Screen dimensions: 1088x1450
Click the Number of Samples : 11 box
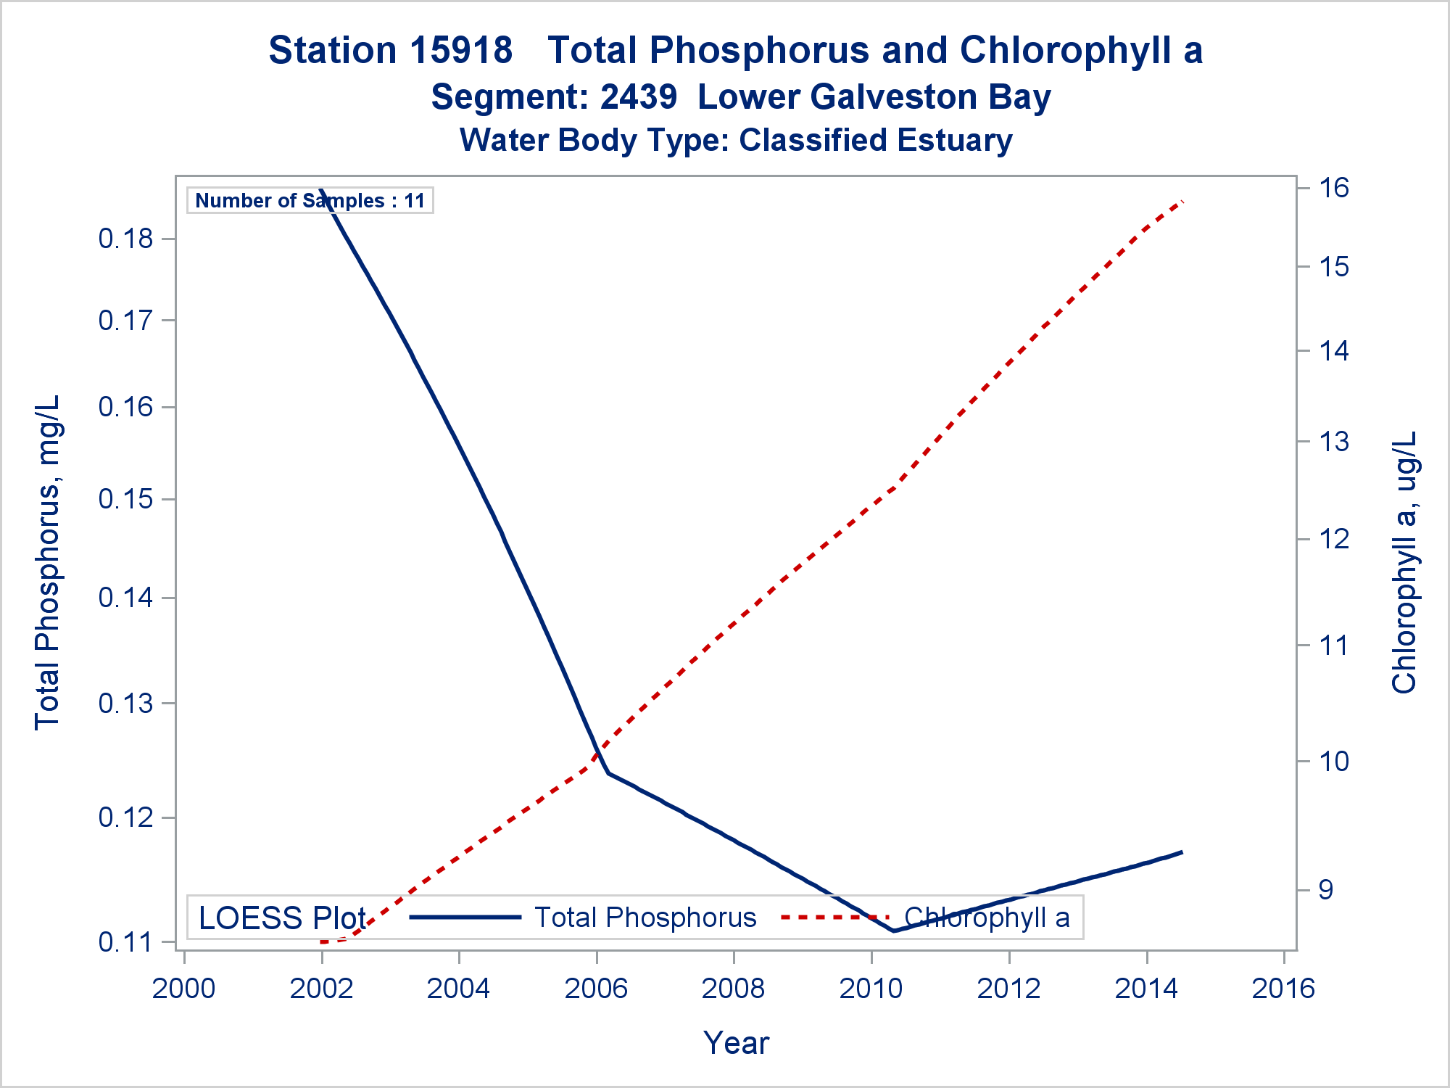310,200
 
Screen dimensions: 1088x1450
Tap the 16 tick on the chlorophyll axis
1333,189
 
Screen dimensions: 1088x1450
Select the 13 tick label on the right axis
1333,442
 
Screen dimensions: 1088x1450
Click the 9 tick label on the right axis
1325,890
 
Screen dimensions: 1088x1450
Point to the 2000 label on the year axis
183,989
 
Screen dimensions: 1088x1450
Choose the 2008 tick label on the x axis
734,989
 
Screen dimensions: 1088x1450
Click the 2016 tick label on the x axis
1283,989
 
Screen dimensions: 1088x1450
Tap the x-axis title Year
736,1043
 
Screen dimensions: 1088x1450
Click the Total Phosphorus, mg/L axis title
48,562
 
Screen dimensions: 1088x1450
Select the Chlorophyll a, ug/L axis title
1404,562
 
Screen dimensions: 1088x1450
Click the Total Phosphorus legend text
645,918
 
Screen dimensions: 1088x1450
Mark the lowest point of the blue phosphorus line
894,931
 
